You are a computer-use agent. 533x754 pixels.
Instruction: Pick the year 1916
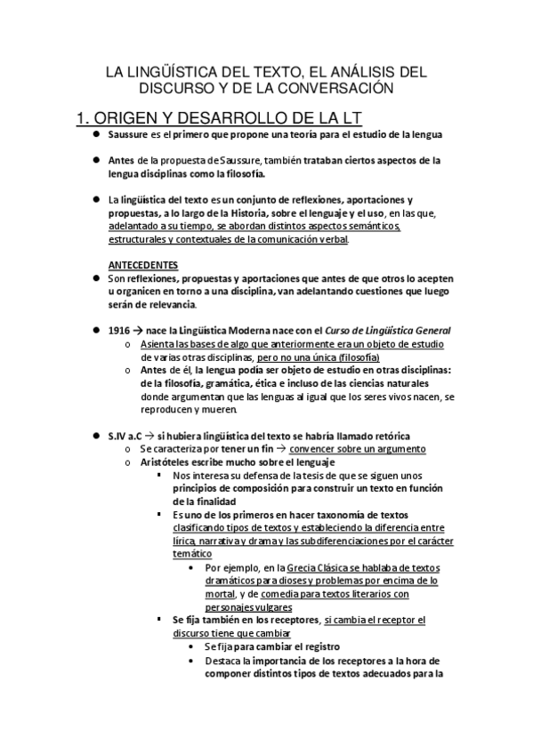(x=119, y=330)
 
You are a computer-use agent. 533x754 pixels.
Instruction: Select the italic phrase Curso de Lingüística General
(x=376, y=330)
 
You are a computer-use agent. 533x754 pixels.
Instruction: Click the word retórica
(x=391, y=435)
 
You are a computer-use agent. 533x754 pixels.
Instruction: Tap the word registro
(x=319, y=646)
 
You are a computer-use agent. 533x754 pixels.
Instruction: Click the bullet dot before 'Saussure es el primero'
(x=95, y=134)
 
